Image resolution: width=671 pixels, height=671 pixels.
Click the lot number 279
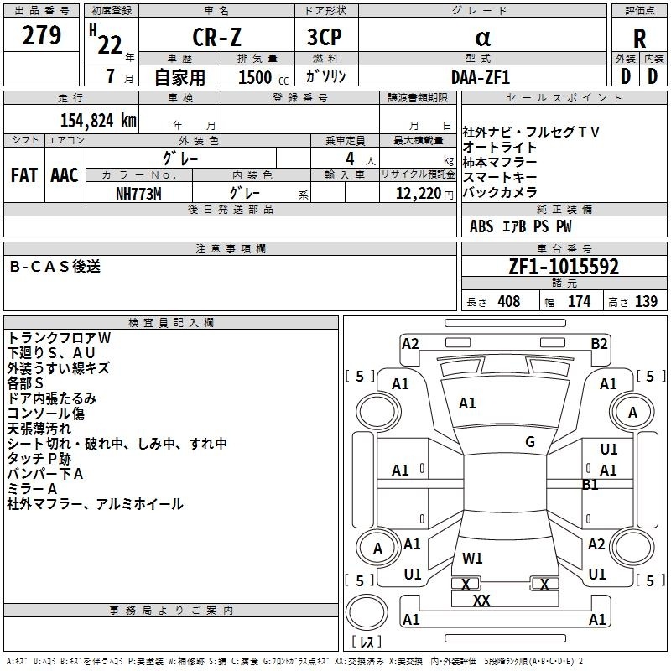(41, 35)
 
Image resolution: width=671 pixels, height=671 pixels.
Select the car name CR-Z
(216, 37)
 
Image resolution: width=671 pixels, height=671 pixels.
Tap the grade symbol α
(483, 38)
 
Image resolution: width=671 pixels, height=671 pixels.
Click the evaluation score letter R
(639, 39)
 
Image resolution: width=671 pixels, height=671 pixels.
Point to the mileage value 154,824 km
(98, 120)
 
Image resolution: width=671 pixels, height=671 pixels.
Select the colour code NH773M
(138, 194)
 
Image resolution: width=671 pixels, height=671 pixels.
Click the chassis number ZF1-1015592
(564, 267)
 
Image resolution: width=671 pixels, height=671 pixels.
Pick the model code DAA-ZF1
(481, 77)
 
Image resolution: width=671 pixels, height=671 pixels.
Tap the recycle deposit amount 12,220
(419, 194)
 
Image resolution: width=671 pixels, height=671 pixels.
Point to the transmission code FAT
(24, 175)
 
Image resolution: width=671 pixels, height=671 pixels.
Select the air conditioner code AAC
(65, 175)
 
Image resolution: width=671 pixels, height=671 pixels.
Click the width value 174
(579, 301)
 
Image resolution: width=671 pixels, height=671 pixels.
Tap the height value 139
(646, 301)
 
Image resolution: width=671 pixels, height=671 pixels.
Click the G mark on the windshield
(530, 442)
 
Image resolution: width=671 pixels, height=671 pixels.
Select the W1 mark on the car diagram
(472, 558)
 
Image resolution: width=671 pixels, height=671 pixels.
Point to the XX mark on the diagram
(481, 600)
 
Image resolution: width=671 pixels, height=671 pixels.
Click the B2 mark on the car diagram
(599, 344)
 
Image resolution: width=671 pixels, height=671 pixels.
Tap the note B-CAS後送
(55, 266)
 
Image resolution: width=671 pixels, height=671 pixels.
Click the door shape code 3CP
(325, 37)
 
